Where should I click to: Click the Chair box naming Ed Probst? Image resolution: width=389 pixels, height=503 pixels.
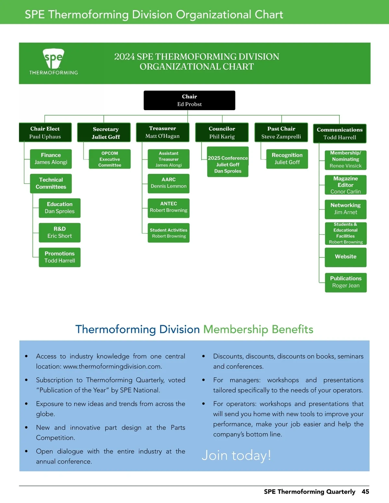[x=189, y=100]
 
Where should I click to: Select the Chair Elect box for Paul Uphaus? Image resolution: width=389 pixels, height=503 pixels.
[x=45, y=132]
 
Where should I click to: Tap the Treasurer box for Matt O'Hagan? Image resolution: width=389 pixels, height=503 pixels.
[x=162, y=132]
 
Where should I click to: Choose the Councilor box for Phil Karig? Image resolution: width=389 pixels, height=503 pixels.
[x=222, y=132]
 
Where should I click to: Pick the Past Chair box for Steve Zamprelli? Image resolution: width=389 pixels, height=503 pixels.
[x=281, y=132]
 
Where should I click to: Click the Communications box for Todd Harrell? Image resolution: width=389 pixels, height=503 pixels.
[x=339, y=133]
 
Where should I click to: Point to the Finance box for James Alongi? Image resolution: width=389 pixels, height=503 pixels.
[x=51, y=159]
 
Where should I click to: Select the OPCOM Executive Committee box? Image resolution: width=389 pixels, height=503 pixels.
[x=110, y=159]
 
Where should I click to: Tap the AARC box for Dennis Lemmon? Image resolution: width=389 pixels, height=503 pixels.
[x=169, y=183]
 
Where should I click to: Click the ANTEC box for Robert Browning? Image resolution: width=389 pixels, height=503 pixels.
[x=169, y=207]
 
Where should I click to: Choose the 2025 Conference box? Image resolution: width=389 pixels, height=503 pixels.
[x=228, y=162]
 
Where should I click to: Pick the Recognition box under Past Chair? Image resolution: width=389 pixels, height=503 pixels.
[x=287, y=159]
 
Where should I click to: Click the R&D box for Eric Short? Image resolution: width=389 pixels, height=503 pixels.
[x=60, y=233]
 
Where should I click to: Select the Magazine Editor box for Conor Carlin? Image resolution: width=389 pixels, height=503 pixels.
[x=346, y=185]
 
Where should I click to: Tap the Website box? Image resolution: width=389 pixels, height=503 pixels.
[x=346, y=257]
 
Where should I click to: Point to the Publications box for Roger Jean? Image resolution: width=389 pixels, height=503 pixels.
[x=346, y=282]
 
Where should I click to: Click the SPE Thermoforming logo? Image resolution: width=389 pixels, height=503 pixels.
[x=53, y=62]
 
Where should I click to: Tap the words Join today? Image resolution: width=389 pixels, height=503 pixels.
[x=236, y=455]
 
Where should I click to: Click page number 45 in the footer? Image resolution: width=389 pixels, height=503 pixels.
[x=365, y=492]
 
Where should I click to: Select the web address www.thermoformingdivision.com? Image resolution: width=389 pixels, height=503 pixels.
[x=112, y=367]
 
